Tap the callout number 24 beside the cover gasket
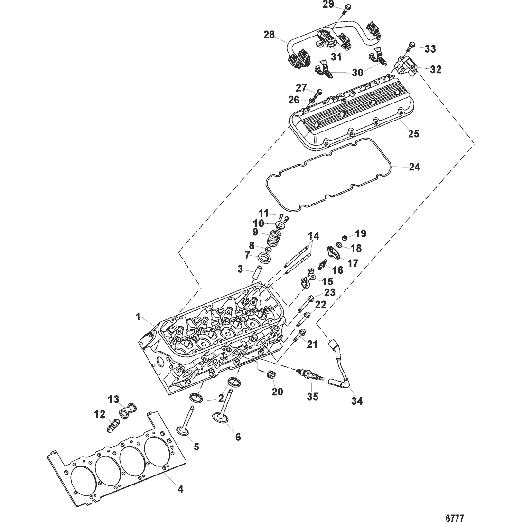(414, 167)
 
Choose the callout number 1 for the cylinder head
(139, 317)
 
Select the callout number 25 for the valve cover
(414, 134)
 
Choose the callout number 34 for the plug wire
(357, 401)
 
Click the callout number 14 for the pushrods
(313, 236)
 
